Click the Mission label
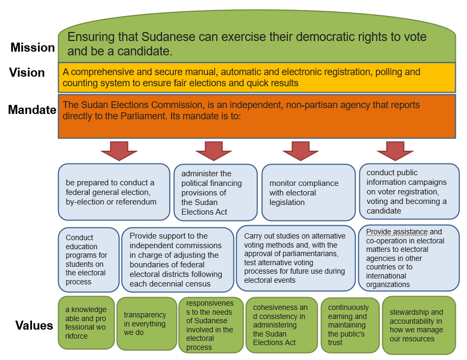point(33,47)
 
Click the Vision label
point(27,72)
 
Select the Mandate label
point(32,110)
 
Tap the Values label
point(34,325)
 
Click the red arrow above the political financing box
point(214,151)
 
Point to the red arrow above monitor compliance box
point(301,151)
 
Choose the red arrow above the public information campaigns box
point(395,151)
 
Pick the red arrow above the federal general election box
point(119,151)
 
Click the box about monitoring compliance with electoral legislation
point(309,192)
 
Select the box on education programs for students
point(88,260)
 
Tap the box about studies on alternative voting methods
point(296,258)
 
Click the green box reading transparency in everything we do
point(147,324)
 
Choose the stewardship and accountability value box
point(419,325)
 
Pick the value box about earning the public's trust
point(350,325)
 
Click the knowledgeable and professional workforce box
point(86,323)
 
